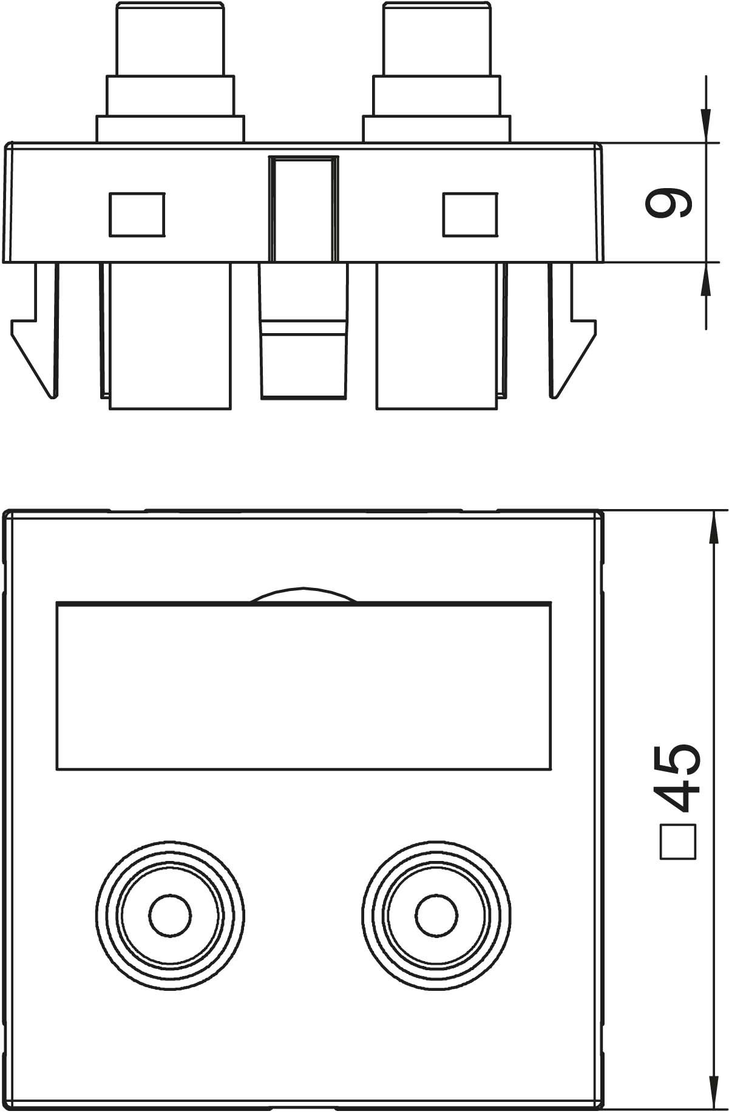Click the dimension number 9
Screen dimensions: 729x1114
[x=668, y=203]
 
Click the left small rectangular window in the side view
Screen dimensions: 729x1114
[x=137, y=214]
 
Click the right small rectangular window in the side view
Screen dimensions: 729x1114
[x=470, y=214]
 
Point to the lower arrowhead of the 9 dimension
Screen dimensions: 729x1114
[x=706, y=280]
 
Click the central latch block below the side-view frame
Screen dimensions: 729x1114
[x=303, y=331]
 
